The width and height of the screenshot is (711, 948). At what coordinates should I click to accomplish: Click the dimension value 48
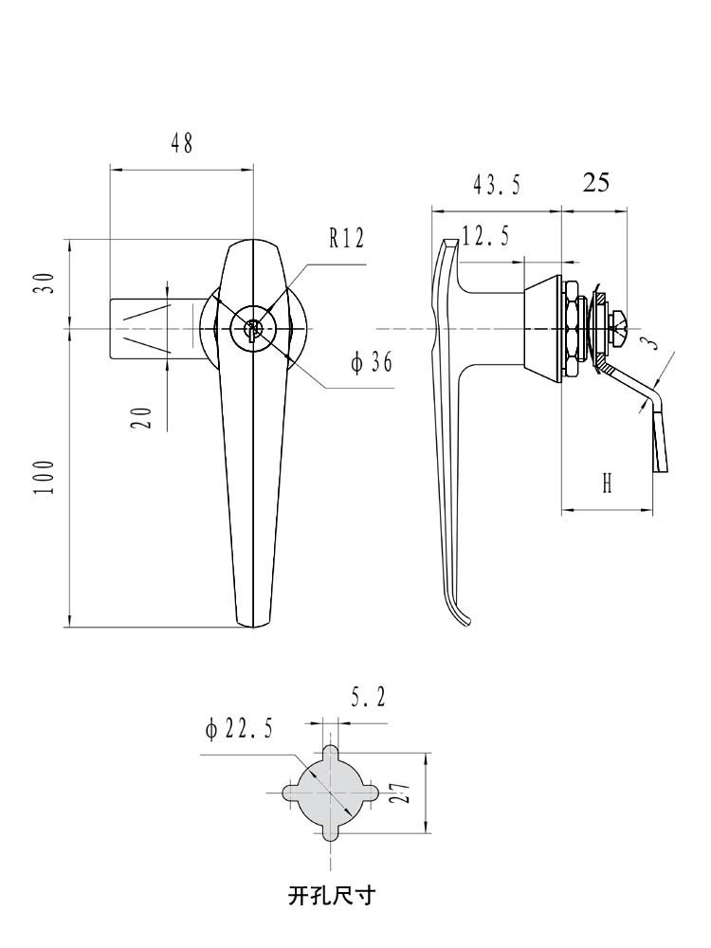pyautogui.click(x=181, y=143)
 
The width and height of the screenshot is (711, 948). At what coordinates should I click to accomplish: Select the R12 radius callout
pyautogui.click(x=346, y=238)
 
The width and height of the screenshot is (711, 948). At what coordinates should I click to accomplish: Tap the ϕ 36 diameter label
pyautogui.click(x=372, y=363)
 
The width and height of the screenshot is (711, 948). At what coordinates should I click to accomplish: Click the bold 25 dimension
pyautogui.click(x=595, y=182)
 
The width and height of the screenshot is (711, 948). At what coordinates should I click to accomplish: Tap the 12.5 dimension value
pyautogui.click(x=485, y=235)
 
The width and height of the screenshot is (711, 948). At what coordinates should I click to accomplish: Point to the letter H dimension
pyautogui.click(x=607, y=484)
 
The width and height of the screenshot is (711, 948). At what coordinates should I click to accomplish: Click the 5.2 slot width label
pyautogui.click(x=368, y=700)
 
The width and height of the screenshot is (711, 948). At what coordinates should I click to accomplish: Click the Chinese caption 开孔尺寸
pyautogui.click(x=331, y=894)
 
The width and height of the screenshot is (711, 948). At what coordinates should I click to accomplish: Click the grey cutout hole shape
pyautogui.click(x=329, y=793)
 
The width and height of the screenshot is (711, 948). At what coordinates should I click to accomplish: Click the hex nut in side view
pyautogui.click(x=574, y=329)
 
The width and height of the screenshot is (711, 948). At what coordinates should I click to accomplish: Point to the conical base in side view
pyautogui.click(x=541, y=322)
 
